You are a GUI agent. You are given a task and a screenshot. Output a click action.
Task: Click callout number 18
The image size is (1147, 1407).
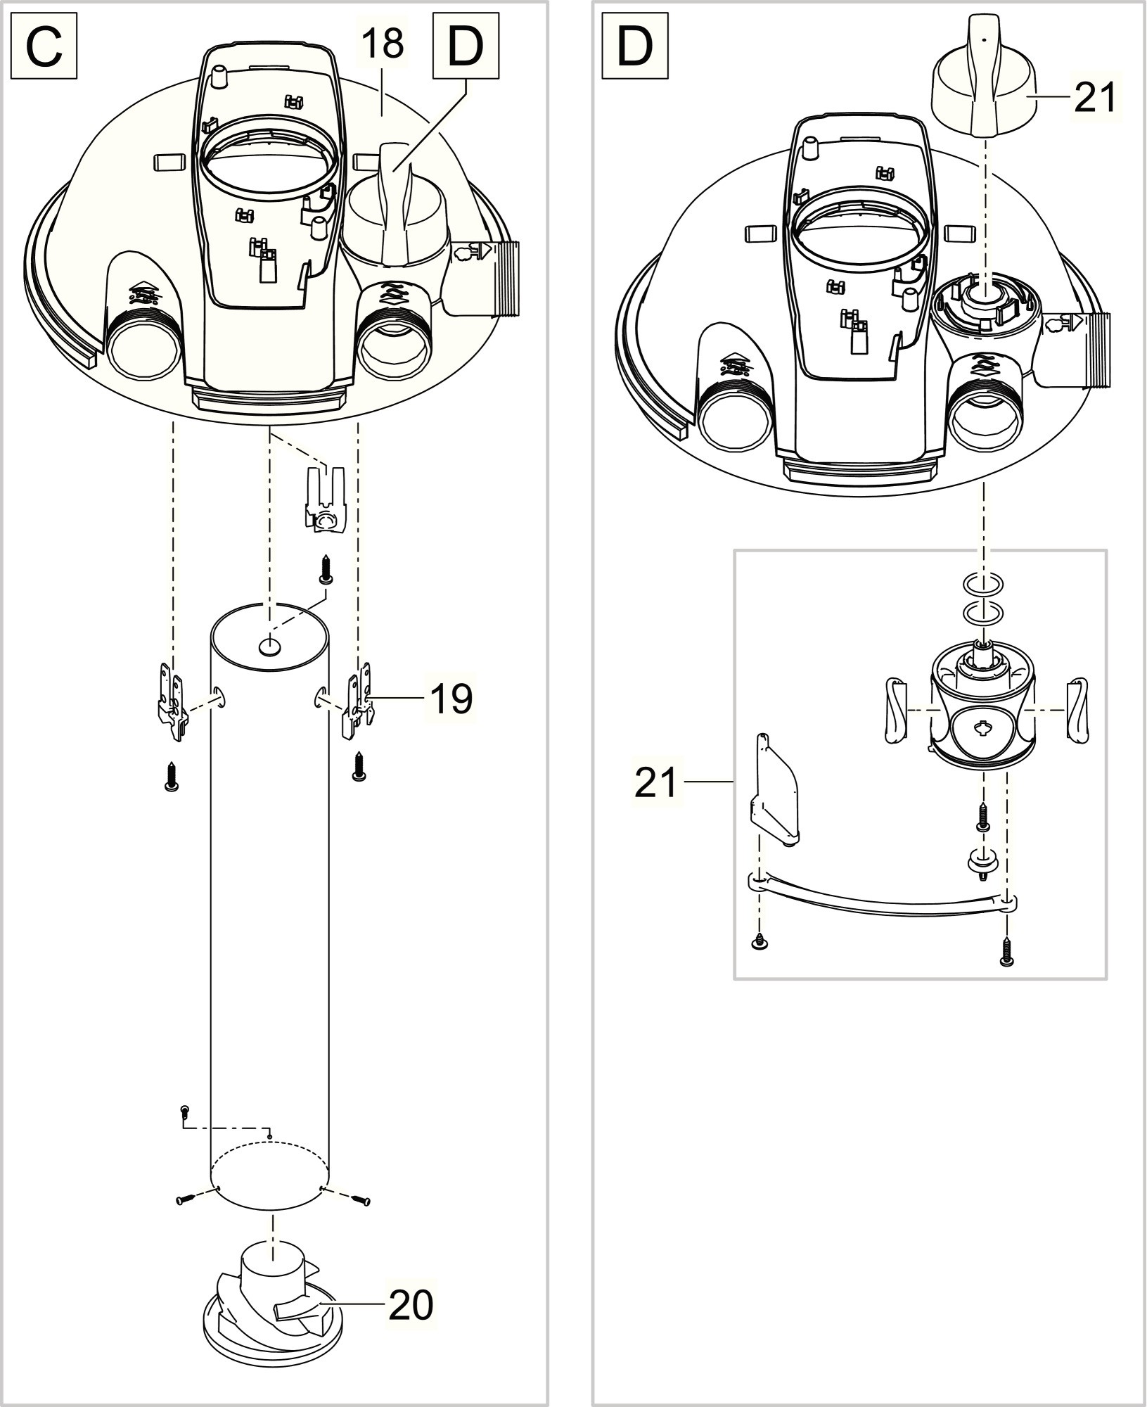pos(384,44)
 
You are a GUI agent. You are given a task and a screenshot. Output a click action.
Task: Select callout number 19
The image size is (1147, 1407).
pos(451,699)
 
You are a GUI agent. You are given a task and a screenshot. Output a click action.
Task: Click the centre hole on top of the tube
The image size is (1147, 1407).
pos(270,644)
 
